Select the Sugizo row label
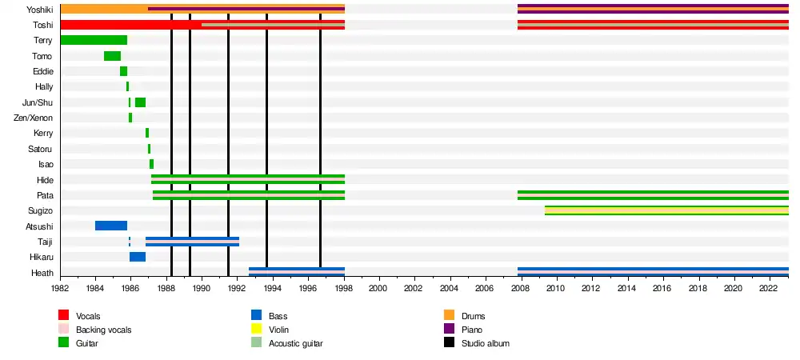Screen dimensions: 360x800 tap(41, 210)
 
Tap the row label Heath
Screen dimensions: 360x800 tap(42, 273)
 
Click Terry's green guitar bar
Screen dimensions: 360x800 tap(93, 40)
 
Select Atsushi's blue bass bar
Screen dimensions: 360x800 tap(111, 226)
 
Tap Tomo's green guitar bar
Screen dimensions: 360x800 tap(112, 56)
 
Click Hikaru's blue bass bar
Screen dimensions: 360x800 tap(138, 257)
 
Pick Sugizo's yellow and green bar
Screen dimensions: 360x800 tap(666, 210)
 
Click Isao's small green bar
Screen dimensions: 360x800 tap(151, 164)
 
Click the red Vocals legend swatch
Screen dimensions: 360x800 tap(64, 317)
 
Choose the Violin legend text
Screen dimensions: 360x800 tap(279, 330)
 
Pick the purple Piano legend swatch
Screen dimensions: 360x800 tap(449, 330)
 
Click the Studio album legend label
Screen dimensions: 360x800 tap(486, 343)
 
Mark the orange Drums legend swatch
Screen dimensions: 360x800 tap(449, 317)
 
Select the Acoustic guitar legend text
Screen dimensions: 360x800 tap(295, 343)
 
